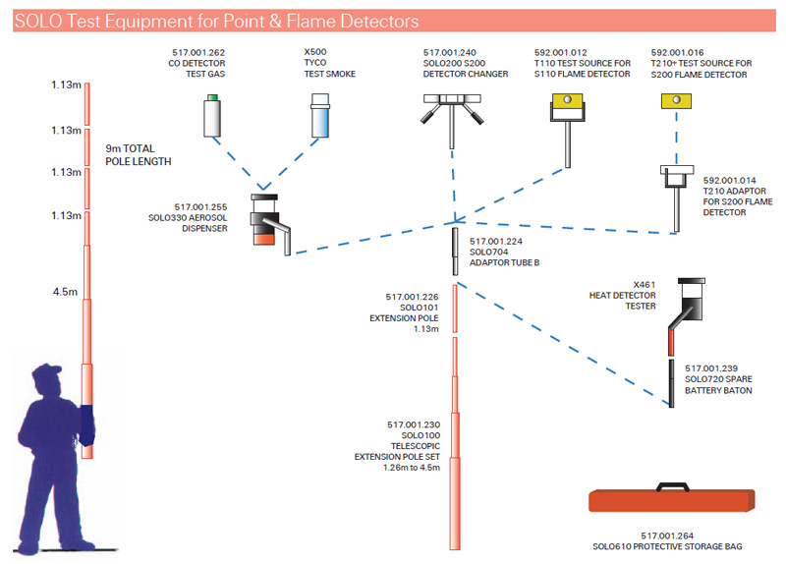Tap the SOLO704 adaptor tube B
click(455, 251)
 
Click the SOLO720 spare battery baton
click(671, 382)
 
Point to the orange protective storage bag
click(673, 501)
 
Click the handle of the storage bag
click(673, 484)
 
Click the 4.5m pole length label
click(66, 292)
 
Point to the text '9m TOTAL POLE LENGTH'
click(138, 154)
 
